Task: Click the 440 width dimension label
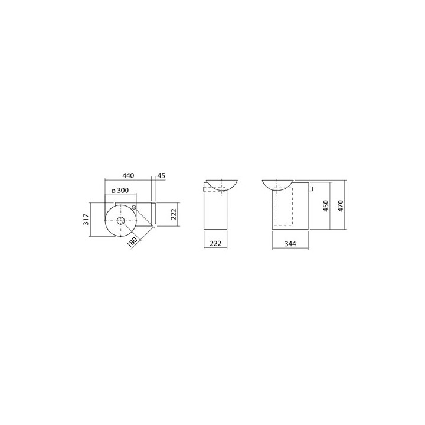point(128,176)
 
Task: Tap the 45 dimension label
point(161,176)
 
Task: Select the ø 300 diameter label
point(120,191)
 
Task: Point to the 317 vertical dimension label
point(86,219)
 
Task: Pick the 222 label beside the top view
point(174,214)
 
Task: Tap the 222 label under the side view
point(215,243)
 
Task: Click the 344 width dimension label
point(290,244)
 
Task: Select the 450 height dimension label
point(326,206)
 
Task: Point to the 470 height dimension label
point(341,206)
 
